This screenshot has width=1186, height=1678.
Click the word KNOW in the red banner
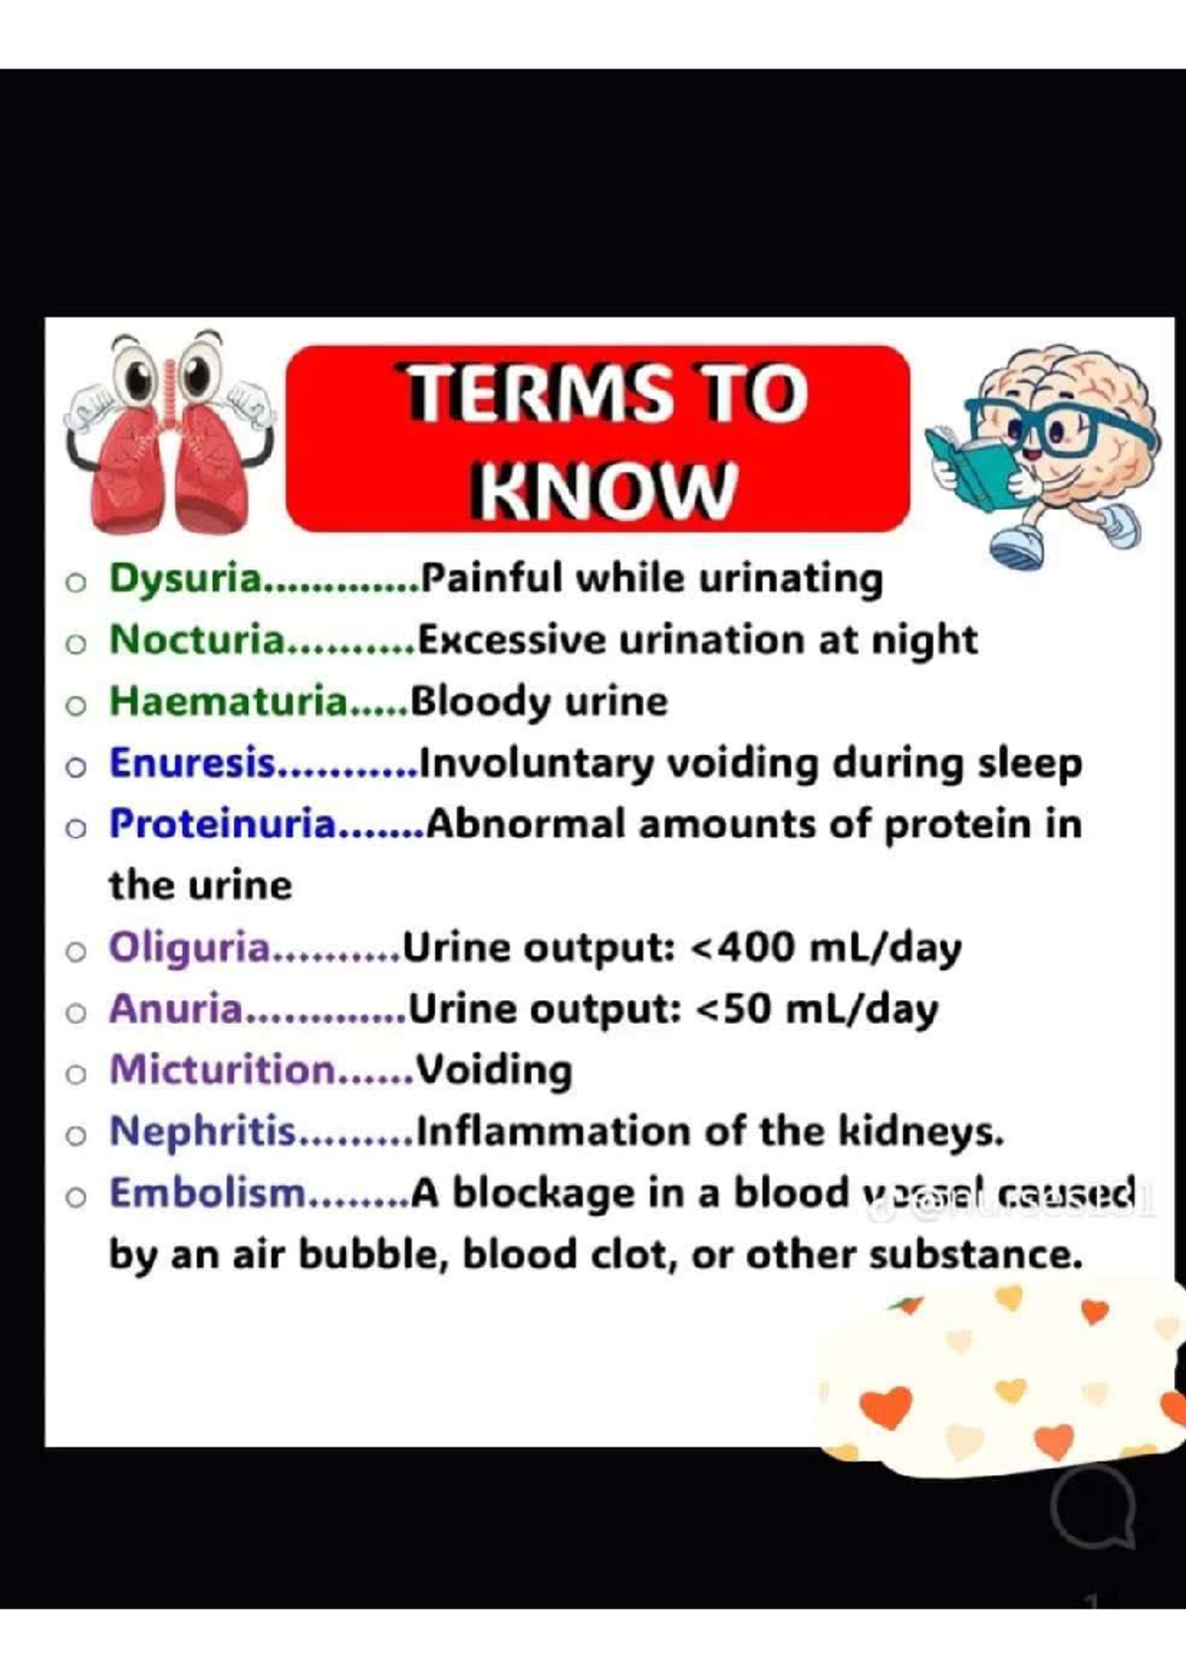click(x=604, y=488)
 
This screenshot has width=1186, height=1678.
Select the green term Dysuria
click(x=186, y=578)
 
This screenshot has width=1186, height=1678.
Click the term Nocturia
click(x=197, y=639)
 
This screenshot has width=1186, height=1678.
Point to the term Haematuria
click(x=228, y=701)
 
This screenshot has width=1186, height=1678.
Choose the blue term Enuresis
click(x=192, y=763)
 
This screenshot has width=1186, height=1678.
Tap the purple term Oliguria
click(x=189, y=947)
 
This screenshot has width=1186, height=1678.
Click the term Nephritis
click(x=203, y=1131)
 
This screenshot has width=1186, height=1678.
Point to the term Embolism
click(x=209, y=1193)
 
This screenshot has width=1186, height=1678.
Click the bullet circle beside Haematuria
click(x=76, y=705)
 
